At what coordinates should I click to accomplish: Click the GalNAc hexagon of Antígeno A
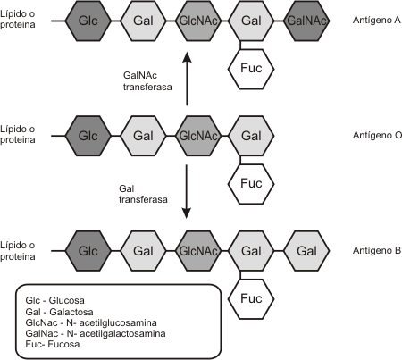coord(306,21)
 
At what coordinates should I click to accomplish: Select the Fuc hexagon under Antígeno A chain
coord(251,69)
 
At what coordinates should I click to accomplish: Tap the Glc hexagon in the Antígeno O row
coord(88,136)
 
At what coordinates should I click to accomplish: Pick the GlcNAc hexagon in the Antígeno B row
coord(198,251)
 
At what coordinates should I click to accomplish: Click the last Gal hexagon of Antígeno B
coord(306,251)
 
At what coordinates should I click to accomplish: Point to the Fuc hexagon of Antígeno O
coord(251,184)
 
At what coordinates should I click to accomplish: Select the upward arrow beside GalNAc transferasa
coord(187,79)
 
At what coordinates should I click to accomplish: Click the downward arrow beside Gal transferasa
coord(187,191)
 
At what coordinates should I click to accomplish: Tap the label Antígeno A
coord(377,20)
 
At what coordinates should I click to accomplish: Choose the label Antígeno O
coord(377,135)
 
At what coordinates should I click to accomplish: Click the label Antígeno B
coord(377,250)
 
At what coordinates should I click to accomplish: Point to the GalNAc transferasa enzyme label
coord(147,81)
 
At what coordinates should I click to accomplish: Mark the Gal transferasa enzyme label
coord(143,194)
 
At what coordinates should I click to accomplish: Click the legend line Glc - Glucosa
coord(54,300)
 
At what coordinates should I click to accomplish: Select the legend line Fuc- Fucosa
coord(53,344)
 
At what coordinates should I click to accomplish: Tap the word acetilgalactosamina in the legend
coord(122,333)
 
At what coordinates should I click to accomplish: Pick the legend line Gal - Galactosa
coord(59,312)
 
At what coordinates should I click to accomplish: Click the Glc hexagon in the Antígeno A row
coord(88,21)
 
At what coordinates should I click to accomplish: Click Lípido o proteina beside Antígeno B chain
coord(18,251)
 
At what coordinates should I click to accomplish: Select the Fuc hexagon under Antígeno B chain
coord(251,299)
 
